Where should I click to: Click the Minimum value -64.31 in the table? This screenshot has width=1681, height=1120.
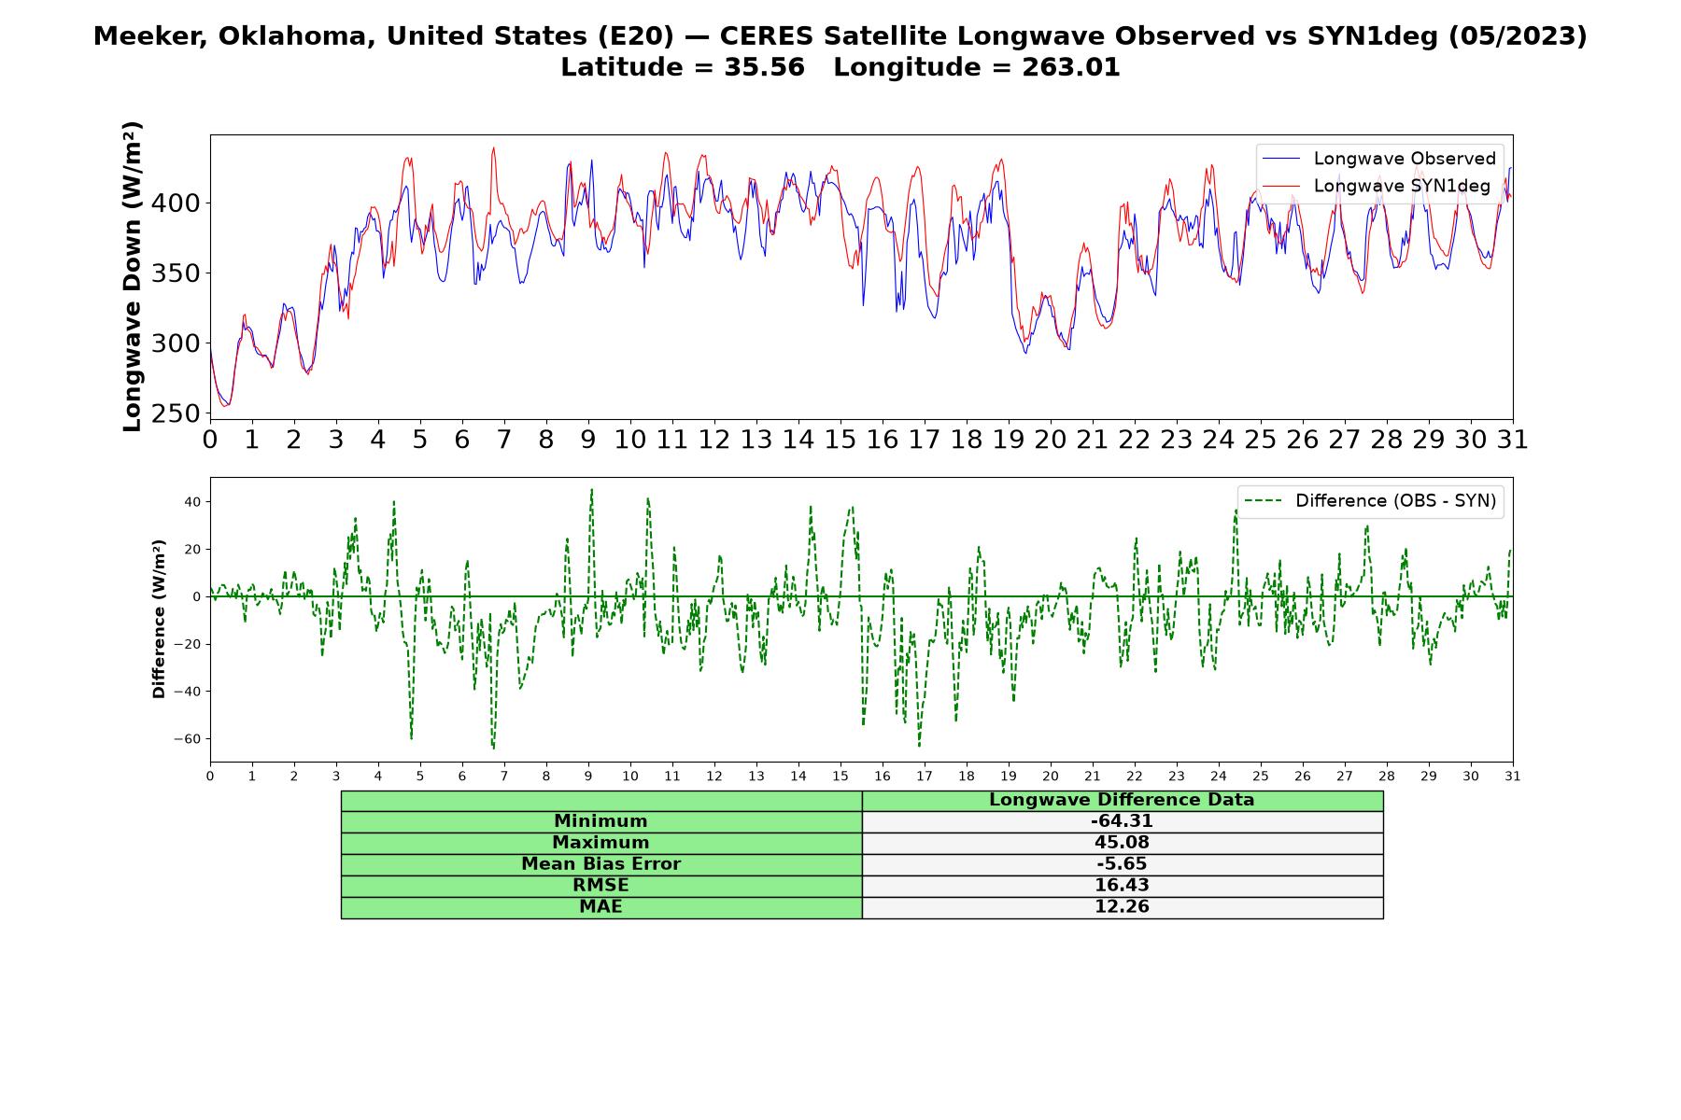tap(1122, 821)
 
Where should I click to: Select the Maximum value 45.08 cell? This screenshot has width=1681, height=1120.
tap(1122, 843)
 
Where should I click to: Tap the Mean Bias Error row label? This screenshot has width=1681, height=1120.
tap(600, 864)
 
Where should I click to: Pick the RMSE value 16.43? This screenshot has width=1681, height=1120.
tap(1122, 886)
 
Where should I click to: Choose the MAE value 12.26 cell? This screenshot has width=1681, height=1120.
tap(1122, 907)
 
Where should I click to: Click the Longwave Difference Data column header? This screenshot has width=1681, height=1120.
tap(1122, 800)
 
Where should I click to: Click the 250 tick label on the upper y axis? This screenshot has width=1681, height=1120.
tap(175, 413)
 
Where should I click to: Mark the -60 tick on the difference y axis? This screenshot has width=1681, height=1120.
tap(187, 739)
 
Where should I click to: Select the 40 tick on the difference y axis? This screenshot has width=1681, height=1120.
tap(193, 502)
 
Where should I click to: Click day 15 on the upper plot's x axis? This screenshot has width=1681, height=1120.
tap(840, 440)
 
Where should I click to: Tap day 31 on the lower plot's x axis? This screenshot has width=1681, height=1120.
tap(1513, 777)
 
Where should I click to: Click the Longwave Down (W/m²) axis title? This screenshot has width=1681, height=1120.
tap(133, 276)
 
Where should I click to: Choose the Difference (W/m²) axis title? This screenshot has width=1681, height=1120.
tap(159, 619)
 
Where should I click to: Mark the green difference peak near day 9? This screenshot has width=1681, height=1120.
tap(591, 489)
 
